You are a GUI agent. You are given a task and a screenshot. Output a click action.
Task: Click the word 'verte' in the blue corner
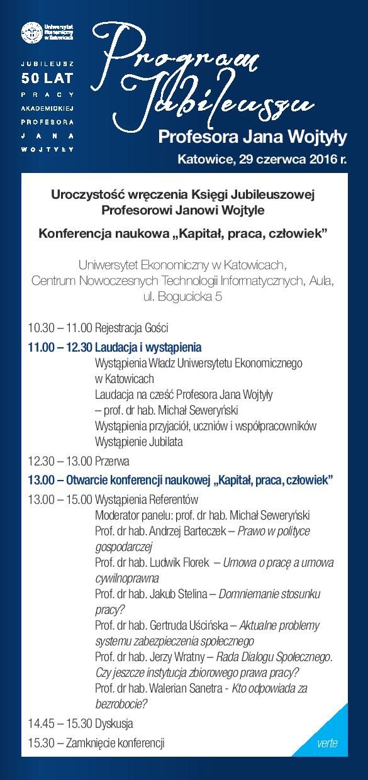[x=327, y=743]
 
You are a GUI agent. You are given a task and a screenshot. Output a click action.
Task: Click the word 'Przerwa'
[x=112, y=460]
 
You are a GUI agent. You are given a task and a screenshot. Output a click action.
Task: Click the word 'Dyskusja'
[x=114, y=723]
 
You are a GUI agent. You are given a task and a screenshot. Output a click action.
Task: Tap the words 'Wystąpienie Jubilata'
[x=138, y=442]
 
